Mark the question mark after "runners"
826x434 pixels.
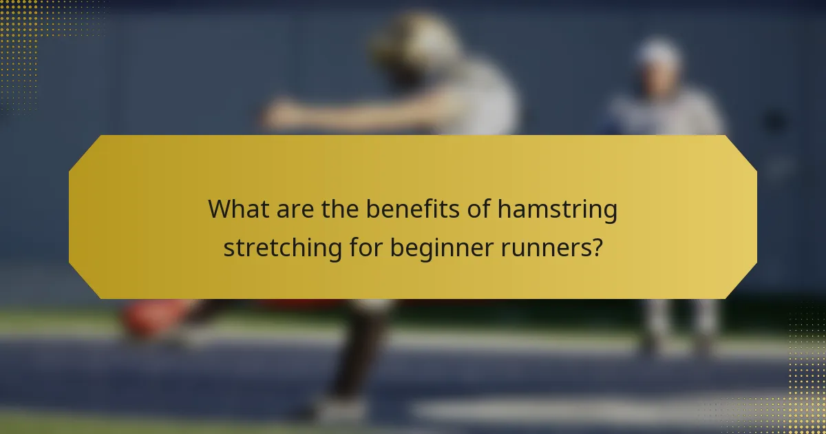pyautogui.click(x=596, y=246)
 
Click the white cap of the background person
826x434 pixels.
pyautogui.click(x=657, y=51)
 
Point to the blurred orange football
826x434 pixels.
pyautogui.click(x=148, y=318)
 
